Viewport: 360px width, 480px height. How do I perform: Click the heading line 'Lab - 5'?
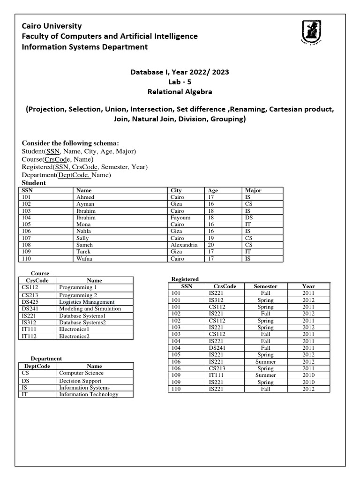click(180, 82)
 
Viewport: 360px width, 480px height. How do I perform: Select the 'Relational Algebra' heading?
click(180, 91)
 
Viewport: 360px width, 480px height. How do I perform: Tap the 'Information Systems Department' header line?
click(85, 47)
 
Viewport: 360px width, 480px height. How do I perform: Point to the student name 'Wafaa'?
click(84, 258)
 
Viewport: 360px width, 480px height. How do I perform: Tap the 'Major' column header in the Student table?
click(253, 190)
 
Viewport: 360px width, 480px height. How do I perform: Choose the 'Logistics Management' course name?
click(87, 302)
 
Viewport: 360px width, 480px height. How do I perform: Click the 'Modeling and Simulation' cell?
click(90, 309)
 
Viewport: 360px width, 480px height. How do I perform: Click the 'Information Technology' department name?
click(89, 394)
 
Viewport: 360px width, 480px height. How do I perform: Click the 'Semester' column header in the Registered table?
click(265, 286)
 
